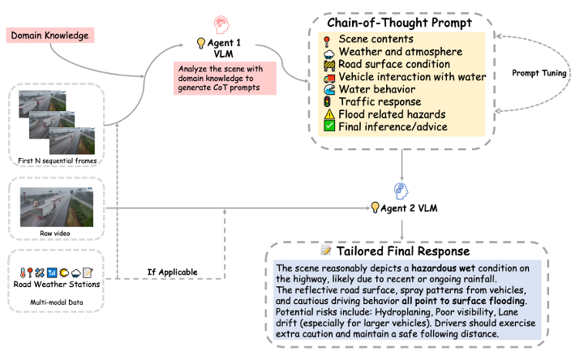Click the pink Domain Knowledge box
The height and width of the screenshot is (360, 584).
coord(50,36)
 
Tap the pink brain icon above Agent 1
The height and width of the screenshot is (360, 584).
coord(221,24)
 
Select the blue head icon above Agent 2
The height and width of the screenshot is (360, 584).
coord(401,191)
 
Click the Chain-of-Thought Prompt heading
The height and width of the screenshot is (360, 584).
coord(399,23)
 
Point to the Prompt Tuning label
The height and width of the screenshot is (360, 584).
coord(539,73)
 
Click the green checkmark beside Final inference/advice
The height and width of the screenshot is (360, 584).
coord(328,126)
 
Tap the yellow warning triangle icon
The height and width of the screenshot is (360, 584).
coord(329,114)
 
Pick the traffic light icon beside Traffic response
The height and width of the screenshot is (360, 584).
coord(328,101)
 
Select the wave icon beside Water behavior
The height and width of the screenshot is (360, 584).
coord(329,89)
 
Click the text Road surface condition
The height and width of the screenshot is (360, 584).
coord(394,64)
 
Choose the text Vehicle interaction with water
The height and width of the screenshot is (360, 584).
coord(412,77)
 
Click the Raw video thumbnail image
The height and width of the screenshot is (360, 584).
coord(57,207)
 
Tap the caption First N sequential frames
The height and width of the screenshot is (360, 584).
coord(58,161)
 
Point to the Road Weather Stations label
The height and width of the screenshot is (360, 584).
coord(57,284)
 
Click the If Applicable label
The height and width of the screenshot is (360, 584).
coord(172,272)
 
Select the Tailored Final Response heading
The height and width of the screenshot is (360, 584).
coord(403,251)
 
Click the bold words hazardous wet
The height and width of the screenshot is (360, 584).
coord(443,268)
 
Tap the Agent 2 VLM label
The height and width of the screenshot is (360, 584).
coord(409,208)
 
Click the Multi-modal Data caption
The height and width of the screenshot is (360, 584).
coord(57,302)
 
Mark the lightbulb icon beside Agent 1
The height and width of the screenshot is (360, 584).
coord(201,43)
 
